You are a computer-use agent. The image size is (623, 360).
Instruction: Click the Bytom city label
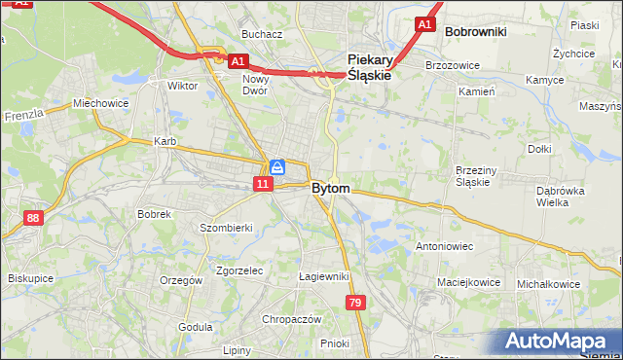331,188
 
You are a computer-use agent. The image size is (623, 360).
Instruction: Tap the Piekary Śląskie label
370,66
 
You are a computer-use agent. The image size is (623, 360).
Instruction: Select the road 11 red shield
263,183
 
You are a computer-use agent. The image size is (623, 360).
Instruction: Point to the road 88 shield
34,219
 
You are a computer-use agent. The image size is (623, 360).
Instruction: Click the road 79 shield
355,305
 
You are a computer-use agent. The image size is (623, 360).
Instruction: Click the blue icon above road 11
277,167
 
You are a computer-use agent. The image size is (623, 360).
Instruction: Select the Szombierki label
226,227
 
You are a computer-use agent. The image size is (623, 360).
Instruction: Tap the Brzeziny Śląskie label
478,176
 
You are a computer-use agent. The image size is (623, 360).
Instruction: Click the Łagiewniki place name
324,276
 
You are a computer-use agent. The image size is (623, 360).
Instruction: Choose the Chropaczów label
291,319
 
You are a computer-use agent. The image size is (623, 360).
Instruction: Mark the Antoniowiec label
444,246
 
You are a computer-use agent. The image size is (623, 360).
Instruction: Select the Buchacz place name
262,34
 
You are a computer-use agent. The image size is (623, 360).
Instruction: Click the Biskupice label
30,277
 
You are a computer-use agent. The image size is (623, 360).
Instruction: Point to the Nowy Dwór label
256,85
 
